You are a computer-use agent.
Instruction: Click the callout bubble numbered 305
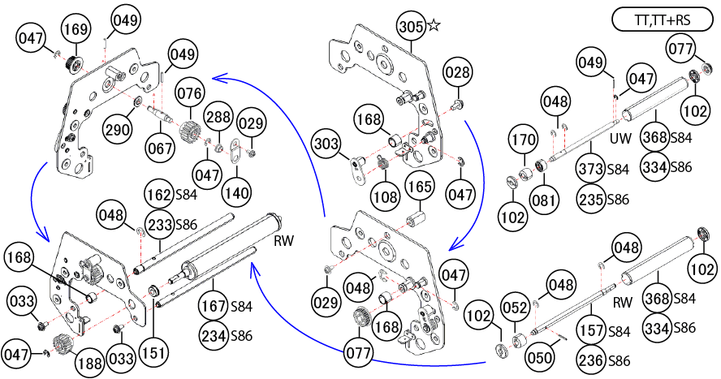click(411, 26)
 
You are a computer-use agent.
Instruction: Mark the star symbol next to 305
click(434, 26)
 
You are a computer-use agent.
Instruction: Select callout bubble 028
click(458, 74)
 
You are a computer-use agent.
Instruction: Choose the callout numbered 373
click(594, 170)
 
